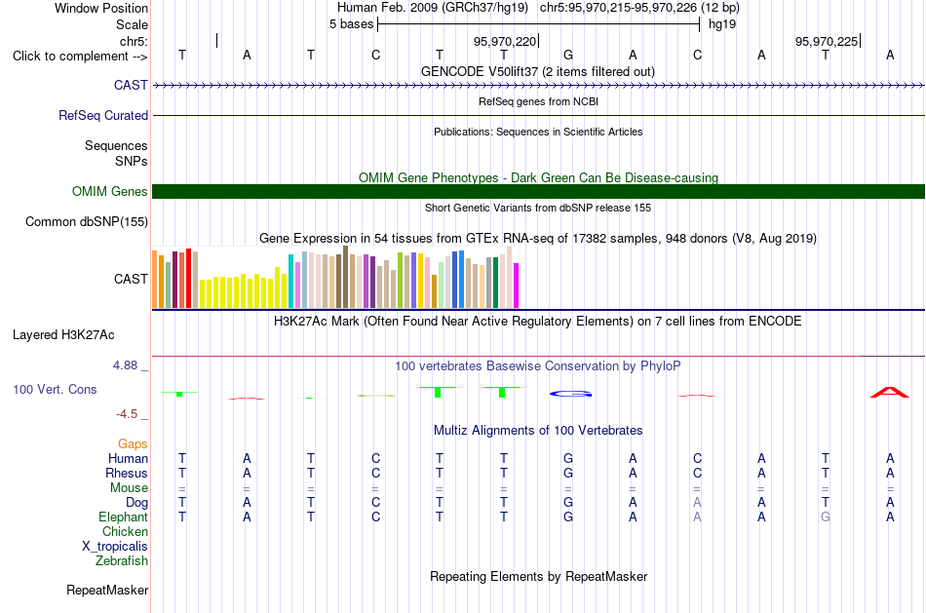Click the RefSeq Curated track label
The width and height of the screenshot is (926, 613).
coord(103,115)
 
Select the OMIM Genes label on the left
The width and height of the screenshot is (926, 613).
coord(110,191)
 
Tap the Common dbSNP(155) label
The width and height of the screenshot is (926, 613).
coord(87,221)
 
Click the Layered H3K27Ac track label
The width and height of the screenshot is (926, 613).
coord(63,335)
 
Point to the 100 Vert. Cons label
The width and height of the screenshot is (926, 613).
coord(55,389)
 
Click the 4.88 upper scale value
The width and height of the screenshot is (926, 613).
coord(125,365)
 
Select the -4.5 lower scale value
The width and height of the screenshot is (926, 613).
coord(127,414)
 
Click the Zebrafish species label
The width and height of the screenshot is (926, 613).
coord(122,560)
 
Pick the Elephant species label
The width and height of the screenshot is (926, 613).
coord(124,517)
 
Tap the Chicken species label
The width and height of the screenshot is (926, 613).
coord(125,531)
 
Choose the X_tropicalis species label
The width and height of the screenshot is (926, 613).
coord(115,547)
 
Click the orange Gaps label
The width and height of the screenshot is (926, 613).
coord(133,443)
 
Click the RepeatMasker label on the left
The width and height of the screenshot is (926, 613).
coord(107,590)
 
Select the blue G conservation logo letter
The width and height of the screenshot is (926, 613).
coord(570,394)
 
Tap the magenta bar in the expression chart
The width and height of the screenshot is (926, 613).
coord(517,286)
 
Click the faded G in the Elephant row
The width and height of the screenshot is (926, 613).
coord(826,517)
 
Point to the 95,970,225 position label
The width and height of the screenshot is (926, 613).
coord(827,41)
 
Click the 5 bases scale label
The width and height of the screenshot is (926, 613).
coord(352,24)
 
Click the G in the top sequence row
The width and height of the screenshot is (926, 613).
coord(568,55)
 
